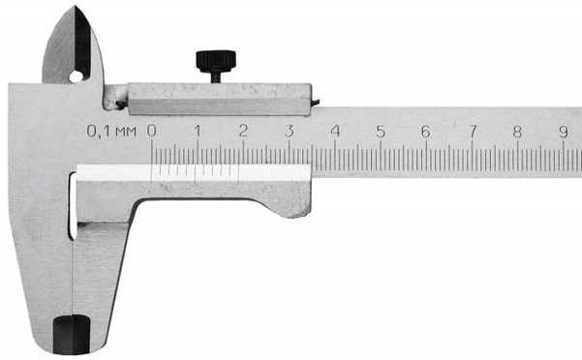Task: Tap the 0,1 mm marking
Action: pos(111,132)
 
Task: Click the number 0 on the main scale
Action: pos(151,131)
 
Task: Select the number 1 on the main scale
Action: pos(198,131)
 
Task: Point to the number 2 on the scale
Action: pos(243,131)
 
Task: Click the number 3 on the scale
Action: pos(290,131)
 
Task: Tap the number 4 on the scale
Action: pos(335,132)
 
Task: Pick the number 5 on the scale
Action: pos(381,132)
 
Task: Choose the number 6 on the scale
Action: pos(426,132)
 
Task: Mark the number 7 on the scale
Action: pos(473,132)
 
